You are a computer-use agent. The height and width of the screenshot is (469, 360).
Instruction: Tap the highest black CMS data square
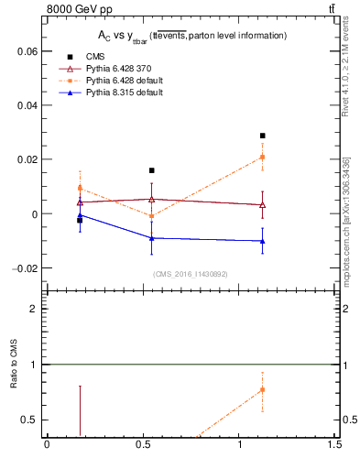tap(263, 136)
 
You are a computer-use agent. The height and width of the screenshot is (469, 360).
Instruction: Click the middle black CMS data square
tap(152, 170)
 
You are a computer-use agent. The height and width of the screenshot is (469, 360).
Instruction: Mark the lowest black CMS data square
tap(80, 220)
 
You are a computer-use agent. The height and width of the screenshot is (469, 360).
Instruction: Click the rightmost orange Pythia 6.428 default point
tap(263, 157)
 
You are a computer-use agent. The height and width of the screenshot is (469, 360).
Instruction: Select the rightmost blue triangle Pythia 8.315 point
tap(263, 241)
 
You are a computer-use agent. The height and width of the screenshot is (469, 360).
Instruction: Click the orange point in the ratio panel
tap(263, 389)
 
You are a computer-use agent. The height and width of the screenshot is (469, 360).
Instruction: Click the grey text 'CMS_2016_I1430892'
tap(190, 273)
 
